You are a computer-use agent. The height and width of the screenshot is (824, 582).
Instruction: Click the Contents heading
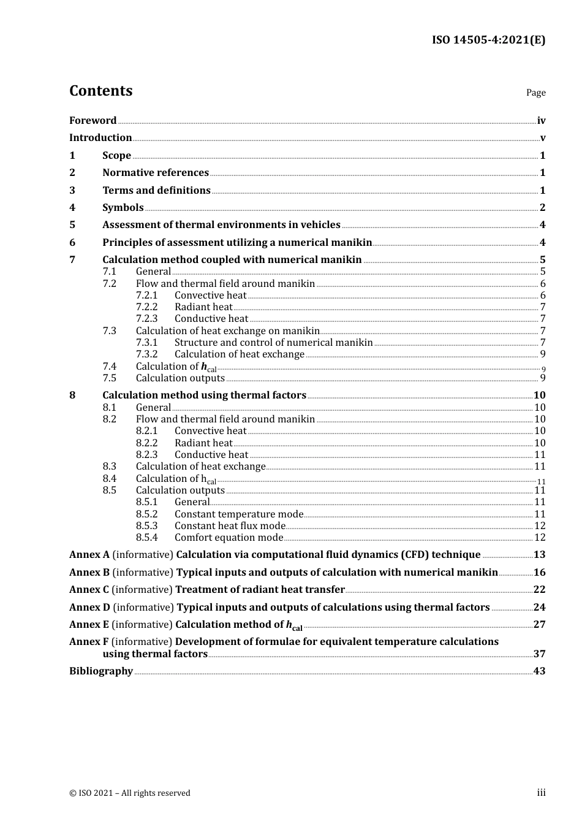[x=100, y=91]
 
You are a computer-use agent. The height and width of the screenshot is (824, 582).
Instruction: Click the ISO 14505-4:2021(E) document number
[x=488, y=40]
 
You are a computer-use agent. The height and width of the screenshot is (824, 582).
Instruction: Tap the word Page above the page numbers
[x=535, y=93]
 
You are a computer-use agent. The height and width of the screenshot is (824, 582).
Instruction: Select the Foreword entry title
[x=93, y=121]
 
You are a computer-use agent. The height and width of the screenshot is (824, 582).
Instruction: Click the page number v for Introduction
[x=543, y=138]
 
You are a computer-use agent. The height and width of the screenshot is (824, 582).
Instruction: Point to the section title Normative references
[x=156, y=173]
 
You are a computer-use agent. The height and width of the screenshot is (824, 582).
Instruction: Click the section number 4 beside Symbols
[x=72, y=208]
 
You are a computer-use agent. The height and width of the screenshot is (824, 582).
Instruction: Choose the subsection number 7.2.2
[x=146, y=307]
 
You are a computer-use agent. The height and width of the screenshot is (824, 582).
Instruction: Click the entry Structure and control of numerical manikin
[x=273, y=343]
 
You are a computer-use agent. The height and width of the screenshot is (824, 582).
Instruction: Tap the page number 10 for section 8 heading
[x=539, y=395]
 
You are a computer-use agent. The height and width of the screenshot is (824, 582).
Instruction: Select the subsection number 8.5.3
[x=146, y=526]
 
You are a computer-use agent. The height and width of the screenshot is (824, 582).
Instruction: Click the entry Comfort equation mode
[x=229, y=538]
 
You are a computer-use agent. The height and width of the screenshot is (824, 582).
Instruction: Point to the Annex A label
[x=89, y=555]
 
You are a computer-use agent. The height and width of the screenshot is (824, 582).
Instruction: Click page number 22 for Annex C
[x=539, y=590]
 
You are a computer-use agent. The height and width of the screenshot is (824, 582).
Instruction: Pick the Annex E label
[x=89, y=625]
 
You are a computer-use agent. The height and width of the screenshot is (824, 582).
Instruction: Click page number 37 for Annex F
[x=539, y=654]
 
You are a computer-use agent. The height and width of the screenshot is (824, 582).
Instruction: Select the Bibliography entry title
[x=101, y=671]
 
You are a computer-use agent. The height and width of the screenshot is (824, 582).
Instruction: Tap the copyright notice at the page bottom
[x=130, y=793]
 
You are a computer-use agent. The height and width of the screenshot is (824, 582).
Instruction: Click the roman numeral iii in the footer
[x=541, y=793]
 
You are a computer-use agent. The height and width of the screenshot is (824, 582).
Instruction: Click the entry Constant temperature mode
[x=239, y=514]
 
